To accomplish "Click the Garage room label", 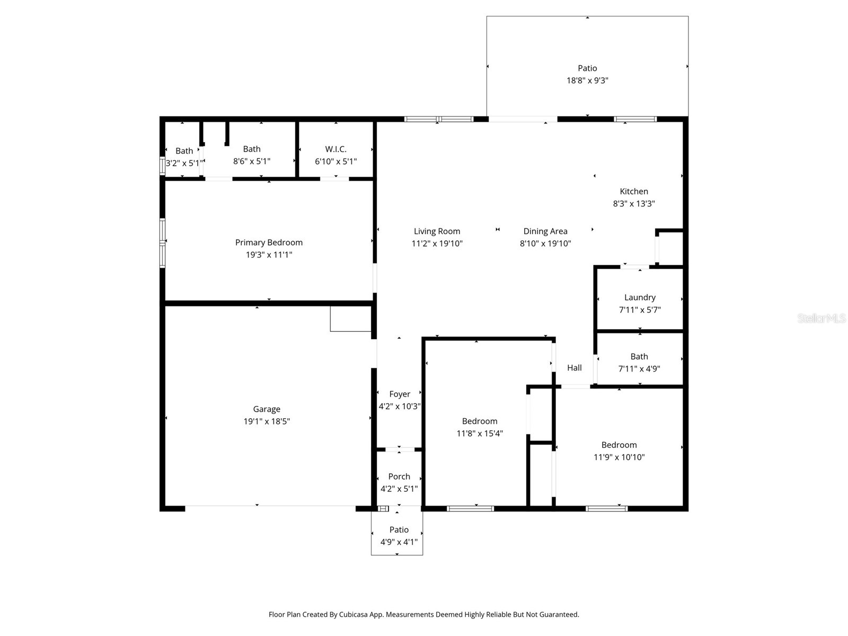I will [266, 409].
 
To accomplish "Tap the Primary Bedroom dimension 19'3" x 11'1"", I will [269, 255].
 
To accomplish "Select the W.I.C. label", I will [335, 149].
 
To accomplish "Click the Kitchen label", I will [634, 191].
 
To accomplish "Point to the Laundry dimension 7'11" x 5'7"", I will [640, 310].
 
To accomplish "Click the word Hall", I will [574, 368].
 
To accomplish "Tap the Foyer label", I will [400, 394].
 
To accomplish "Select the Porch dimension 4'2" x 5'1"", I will [399, 489].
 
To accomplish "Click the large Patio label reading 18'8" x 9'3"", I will [587, 68].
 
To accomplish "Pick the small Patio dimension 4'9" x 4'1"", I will [399, 542].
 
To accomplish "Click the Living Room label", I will [437, 231].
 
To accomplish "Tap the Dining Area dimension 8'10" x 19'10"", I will [545, 244].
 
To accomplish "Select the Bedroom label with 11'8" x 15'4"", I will [480, 421].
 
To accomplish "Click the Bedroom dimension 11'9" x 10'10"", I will [619, 457].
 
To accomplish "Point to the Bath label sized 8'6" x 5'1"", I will [252, 149].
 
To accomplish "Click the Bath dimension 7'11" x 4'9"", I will [639, 369].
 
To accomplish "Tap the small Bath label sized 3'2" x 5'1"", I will [184, 151].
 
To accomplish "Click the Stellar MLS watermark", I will [821, 319].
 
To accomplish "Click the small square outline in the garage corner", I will [350, 319].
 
